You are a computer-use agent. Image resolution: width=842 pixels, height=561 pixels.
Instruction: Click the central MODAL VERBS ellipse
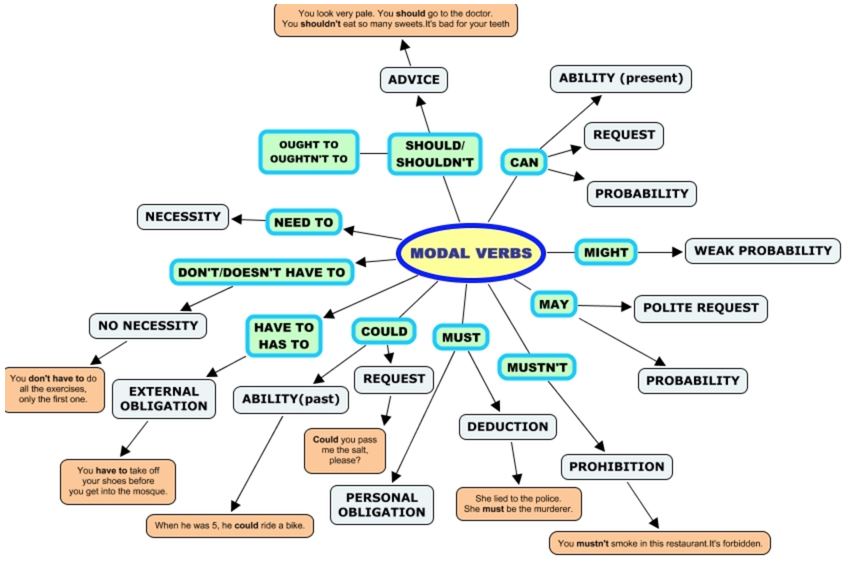(471, 253)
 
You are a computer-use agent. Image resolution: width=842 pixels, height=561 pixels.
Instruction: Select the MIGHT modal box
(605, 252)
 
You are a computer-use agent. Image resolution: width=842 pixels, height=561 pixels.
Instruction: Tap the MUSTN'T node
(537, 367)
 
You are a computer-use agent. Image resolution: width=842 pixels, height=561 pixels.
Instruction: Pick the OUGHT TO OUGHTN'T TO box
(308, 152)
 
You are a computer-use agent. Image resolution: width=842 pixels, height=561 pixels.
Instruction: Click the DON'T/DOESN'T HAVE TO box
(261, 272)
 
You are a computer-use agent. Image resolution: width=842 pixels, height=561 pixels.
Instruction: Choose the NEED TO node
(303, 222)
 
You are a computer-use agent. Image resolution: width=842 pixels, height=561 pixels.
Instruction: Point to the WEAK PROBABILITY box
(762, 251)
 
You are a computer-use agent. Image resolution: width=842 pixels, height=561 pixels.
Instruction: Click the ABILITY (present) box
(620, 78)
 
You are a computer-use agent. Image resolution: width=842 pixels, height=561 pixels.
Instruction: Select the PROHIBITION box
(616, 467)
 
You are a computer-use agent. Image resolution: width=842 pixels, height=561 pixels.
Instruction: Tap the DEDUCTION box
(507, 427)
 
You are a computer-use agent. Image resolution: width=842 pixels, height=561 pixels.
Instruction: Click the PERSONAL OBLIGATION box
(381, 505)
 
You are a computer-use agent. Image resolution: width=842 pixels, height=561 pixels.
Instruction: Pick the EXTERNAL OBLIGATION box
(164, 399)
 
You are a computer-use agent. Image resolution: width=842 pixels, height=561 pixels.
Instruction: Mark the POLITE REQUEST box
(700, 308)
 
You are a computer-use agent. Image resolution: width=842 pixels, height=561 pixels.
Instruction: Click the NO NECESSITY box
(148, 326)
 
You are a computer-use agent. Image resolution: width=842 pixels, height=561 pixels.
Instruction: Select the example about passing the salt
(344, 450)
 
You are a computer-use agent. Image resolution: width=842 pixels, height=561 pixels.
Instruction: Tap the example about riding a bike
(229, 526)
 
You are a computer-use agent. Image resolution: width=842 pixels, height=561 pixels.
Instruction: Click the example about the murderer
(518, 504)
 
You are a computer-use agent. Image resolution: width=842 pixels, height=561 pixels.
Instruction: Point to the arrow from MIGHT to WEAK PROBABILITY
(660, 252)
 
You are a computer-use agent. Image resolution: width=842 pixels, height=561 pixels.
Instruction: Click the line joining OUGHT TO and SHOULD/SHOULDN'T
(373, 153)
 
